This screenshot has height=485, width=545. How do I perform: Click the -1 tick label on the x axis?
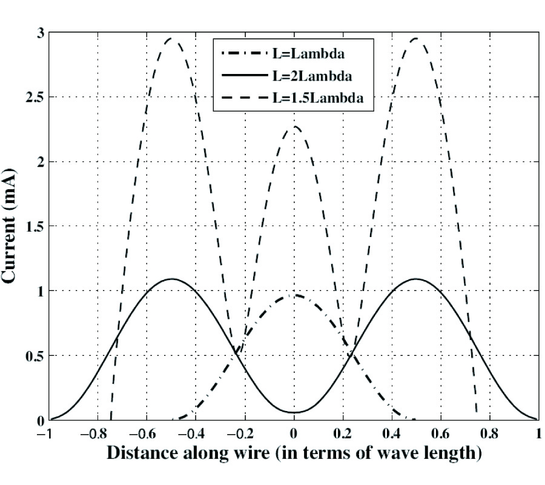pos(45,435)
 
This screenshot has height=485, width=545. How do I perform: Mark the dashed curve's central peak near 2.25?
pos(294,127)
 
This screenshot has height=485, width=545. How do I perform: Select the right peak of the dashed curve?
pos(416,39)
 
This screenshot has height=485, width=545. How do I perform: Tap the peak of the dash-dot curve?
pos(294,295)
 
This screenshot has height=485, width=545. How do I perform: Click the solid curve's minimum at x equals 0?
pos(294,412)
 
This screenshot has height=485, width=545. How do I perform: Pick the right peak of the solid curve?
pos(416,279)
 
